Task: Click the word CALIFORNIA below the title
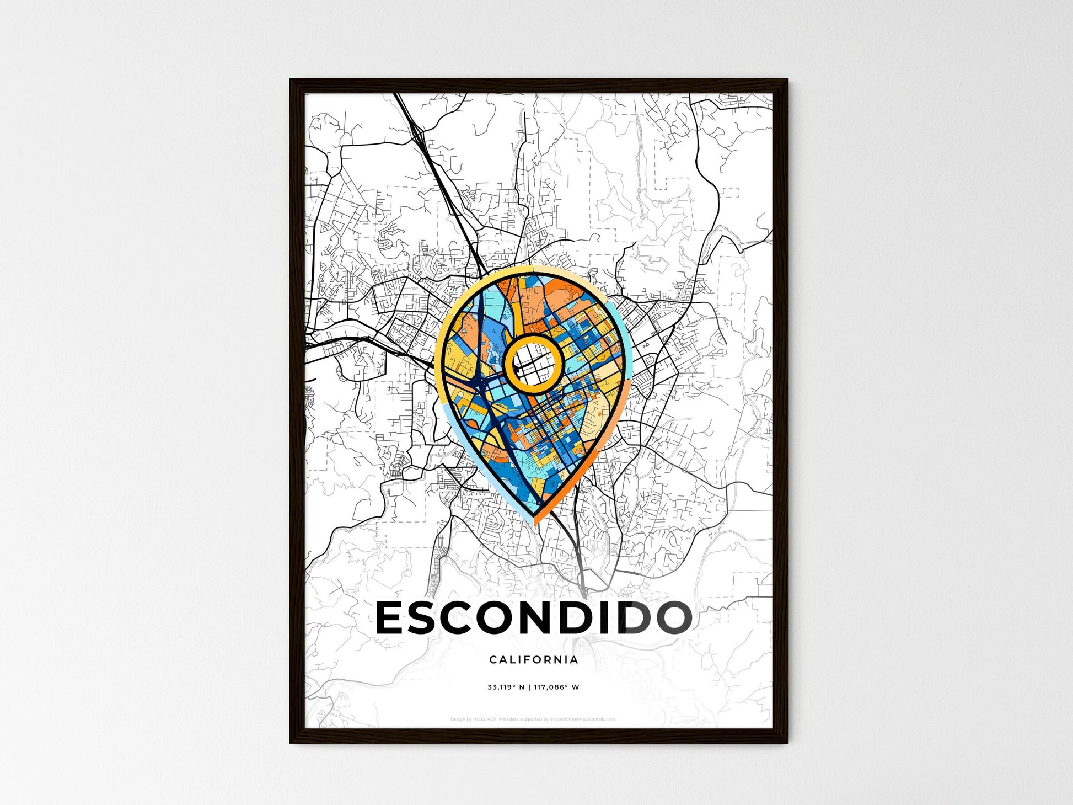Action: click(533, 659)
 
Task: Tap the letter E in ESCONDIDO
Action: click(393, 618)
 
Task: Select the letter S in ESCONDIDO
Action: click(433, 618)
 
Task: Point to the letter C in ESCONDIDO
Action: click(473, 618)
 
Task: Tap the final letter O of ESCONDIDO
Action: click(670, 618)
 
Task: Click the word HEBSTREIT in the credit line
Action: click(485, 719)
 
